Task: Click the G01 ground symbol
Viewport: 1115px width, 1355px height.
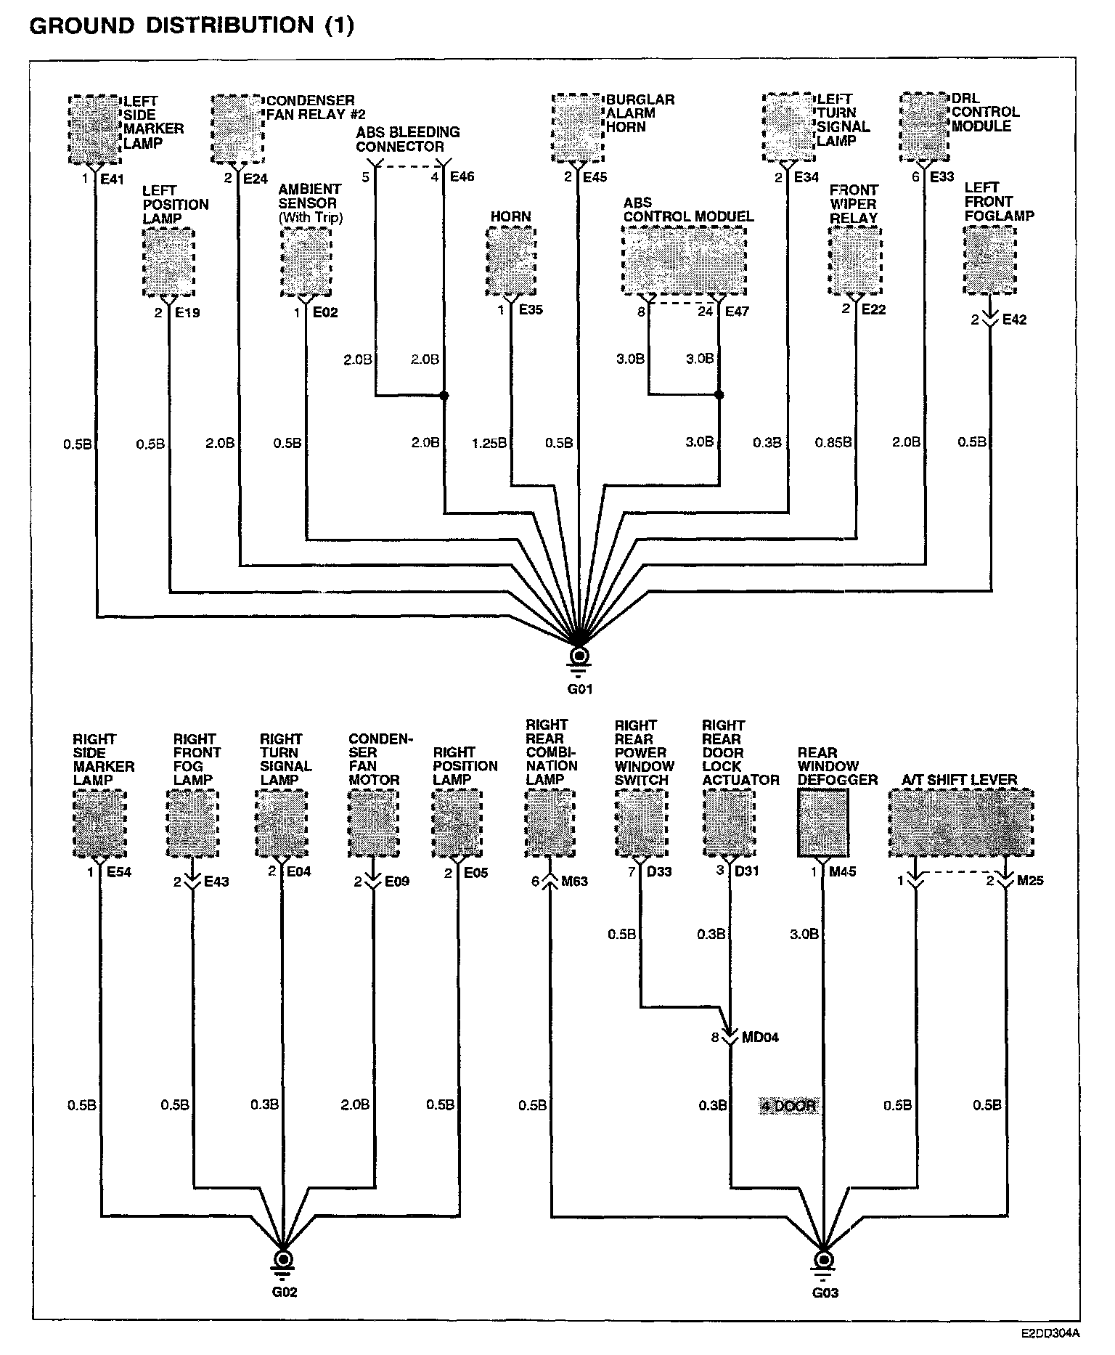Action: click(579, 656)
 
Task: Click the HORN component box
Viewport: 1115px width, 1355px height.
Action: click(510, 261)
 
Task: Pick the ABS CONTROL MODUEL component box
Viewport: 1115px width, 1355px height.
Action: click(684, 260)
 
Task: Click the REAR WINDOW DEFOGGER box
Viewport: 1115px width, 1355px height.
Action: click(825, 823)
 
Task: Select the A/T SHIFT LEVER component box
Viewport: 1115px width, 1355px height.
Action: click(961, 823)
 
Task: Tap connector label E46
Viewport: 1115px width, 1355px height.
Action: click(462, 176)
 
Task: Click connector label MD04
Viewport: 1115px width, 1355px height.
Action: click(760, 1037)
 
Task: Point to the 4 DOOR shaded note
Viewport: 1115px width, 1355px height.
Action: click(788, 1106)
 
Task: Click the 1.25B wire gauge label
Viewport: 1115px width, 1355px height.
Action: click(489, 443)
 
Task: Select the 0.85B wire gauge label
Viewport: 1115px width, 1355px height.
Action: click(833, 442)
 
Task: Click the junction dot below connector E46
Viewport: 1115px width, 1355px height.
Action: click(444, 396)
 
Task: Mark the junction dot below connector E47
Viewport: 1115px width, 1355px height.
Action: click(719, 396)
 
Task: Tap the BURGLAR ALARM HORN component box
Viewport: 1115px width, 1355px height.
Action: click(578, 129)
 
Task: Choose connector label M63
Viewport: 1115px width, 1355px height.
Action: click(574, 882)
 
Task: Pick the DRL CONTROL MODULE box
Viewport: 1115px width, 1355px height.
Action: click(926, 127)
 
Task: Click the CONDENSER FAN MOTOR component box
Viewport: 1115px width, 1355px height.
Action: click(375, 823)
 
